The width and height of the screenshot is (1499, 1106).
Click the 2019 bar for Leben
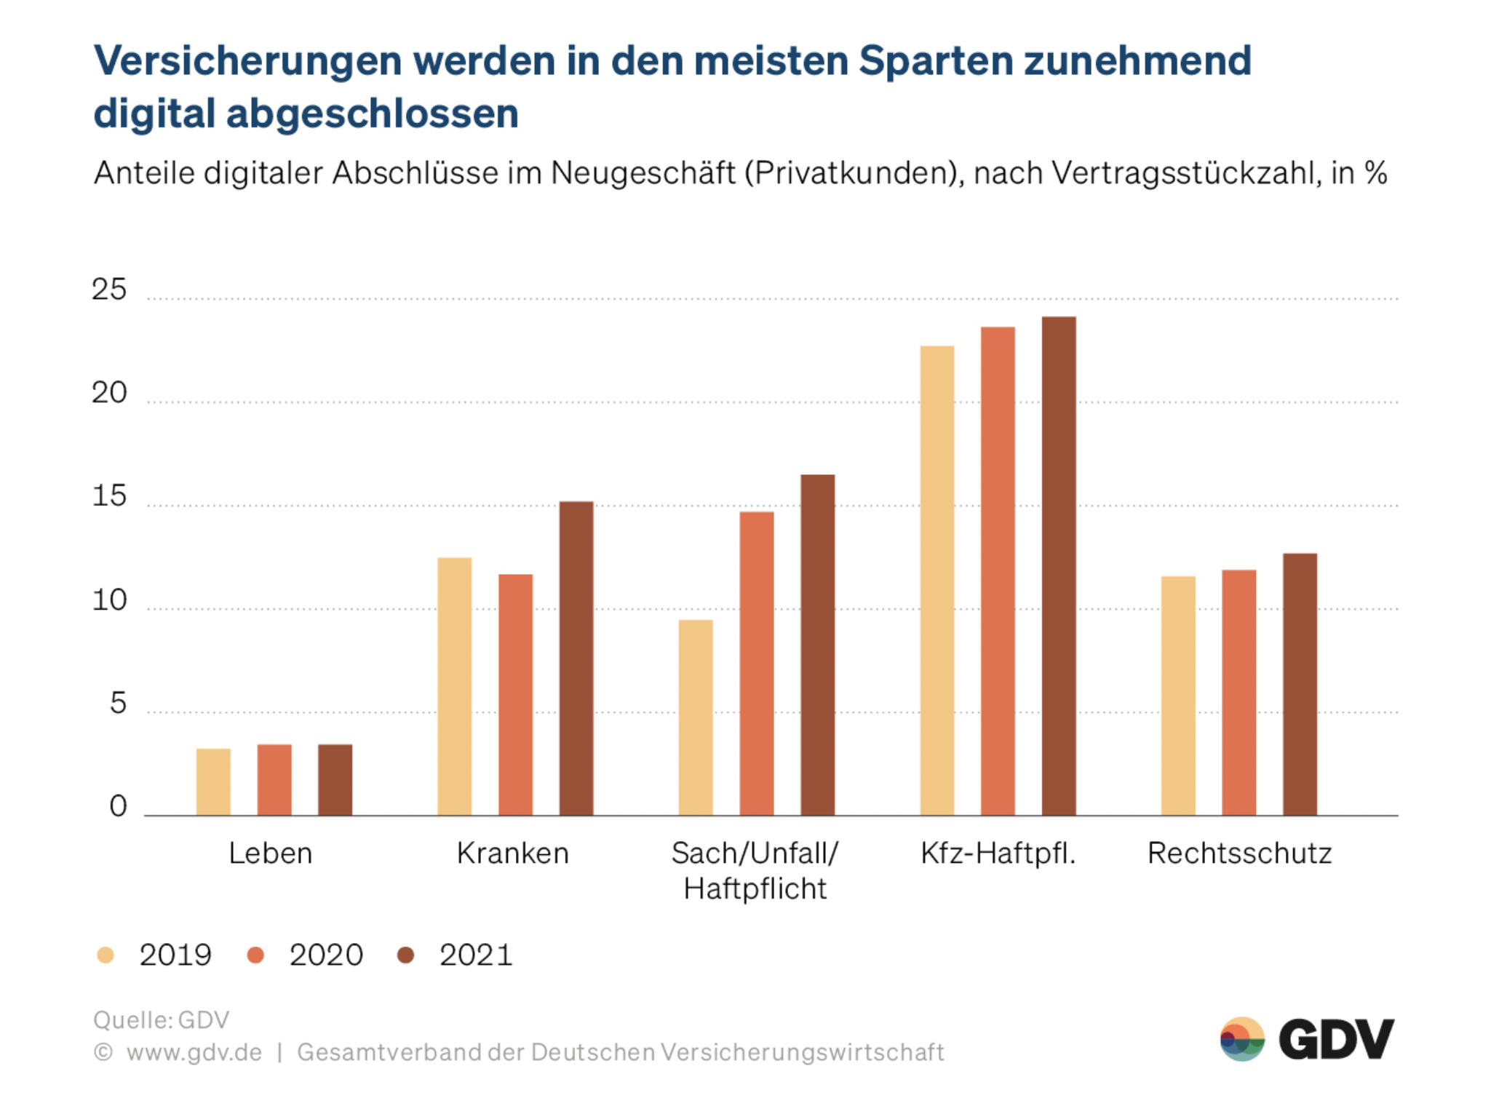click(x=213, y=781)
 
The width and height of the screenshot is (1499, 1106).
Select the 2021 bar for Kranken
click(x=576, y=658)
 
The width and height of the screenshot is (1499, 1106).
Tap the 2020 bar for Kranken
click(x=515, y=694)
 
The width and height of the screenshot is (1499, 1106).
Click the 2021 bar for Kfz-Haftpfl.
click(x=1059, y=565)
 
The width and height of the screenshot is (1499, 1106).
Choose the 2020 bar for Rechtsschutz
click(x=1238, y=692)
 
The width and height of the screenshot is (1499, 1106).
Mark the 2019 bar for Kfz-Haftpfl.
click(x=937, y=580)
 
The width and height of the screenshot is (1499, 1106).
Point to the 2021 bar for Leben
click(x=335, y=779)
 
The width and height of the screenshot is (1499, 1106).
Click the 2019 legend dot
click(x=106, y=955)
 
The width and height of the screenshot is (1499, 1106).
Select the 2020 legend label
click(x=326, y=955)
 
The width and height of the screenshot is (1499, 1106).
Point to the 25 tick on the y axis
click(x=109, y=290)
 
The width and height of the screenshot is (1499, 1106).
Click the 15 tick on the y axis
click(x=109, y=496)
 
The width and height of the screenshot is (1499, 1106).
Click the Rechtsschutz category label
click(x=1239, y=853)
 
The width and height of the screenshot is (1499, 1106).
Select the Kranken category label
click(x=513, y=853)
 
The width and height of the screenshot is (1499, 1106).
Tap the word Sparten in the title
click(x=937, y=60)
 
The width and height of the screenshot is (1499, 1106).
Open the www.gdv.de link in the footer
click(x=194, y=1052)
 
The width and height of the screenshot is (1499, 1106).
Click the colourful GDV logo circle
click(x=1242, y=1039)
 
